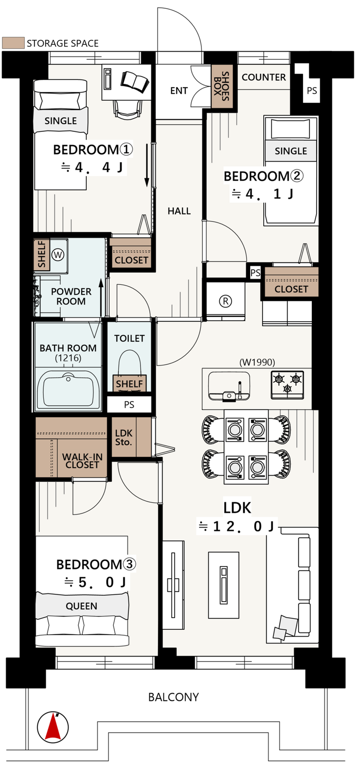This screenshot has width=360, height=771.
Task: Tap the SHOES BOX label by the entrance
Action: [221, 86]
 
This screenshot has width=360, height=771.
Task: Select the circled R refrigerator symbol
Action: [225, 301]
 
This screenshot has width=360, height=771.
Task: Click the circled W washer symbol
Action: [58, 255]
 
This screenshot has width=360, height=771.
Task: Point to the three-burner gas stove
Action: [288, 384]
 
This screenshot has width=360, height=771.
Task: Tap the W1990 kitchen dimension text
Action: [257, 362]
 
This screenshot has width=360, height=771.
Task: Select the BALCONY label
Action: [174, 697]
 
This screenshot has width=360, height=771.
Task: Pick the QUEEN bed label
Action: [82, 606]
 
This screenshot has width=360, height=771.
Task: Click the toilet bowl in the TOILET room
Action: [130, 365]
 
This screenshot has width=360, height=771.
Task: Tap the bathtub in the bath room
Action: [68, 390]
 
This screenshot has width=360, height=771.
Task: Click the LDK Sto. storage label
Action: [124, 438]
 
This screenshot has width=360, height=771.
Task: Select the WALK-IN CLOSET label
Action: [82, 461]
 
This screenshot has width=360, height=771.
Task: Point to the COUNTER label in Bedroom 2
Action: [264, 77]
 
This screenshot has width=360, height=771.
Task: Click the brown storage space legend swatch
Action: [13, 43]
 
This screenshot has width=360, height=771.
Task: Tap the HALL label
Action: [179, 211]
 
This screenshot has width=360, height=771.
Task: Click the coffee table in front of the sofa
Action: [224, 585]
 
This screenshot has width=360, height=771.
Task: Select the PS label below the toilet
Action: [129, 405]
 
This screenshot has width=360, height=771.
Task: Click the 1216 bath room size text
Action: [68, 358]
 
